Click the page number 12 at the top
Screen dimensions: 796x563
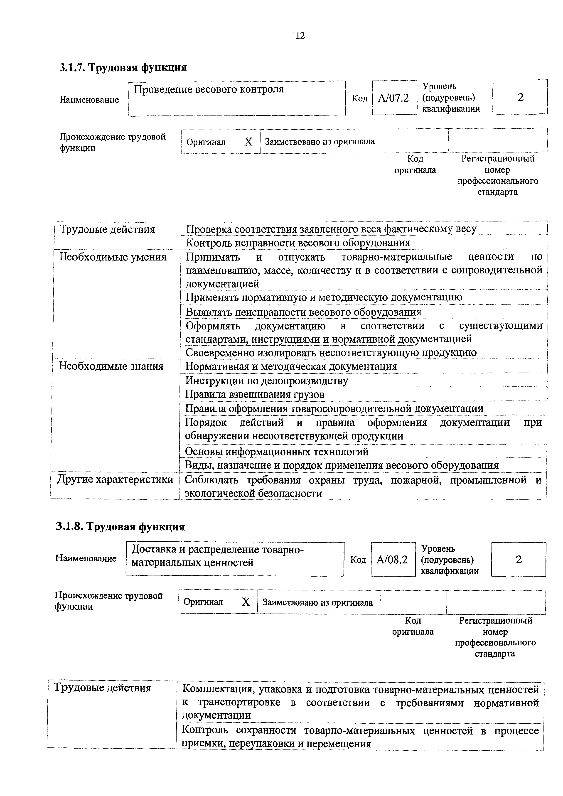pos(300,36)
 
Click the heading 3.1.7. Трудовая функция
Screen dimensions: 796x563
pos(123,67)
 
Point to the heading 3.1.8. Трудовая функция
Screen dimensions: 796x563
pos(120,527)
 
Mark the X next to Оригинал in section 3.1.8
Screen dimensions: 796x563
pos(246,602)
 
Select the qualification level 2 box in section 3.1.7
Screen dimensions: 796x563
pos(520,97)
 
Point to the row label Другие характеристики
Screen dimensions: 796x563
pos(115,479)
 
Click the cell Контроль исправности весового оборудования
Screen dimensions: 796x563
pos(298,243)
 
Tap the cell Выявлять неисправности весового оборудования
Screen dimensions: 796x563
pos(304,312)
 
